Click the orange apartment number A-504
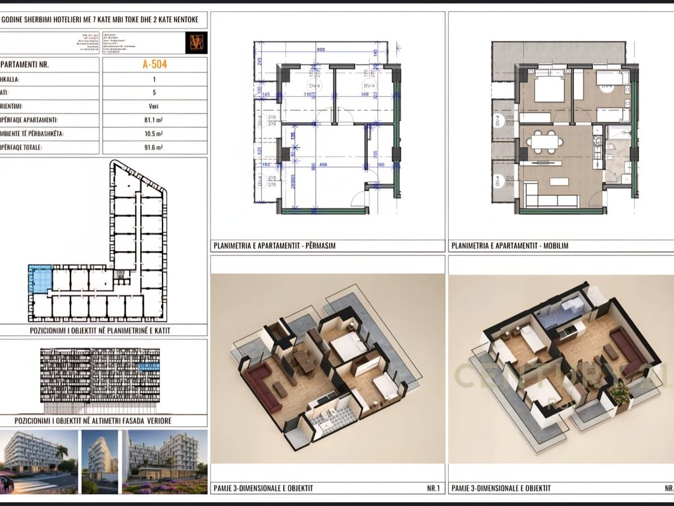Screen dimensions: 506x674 click(154, 65)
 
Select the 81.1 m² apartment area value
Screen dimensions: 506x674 click(154, 120)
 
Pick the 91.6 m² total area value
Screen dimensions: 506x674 click(154, 148)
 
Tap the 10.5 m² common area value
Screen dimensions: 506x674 click(154, 134)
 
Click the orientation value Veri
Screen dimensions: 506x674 click(154, 106)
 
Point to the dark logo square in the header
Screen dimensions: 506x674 click(197, 42)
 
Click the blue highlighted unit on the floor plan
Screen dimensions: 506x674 click(39, 279)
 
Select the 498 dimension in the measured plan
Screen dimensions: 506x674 click(322, 165)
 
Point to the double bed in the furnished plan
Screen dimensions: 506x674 click(549, 88)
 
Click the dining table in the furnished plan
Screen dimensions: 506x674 click(543, 141)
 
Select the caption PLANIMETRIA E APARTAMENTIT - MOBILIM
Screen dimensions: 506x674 click(509, 246)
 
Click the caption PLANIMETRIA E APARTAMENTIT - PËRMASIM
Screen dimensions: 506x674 click(273, 246)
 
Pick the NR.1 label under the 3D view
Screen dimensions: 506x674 click(432, 488)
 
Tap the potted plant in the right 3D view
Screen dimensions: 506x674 click(619, 393)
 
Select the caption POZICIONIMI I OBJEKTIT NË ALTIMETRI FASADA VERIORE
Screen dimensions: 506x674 click(103, 420)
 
